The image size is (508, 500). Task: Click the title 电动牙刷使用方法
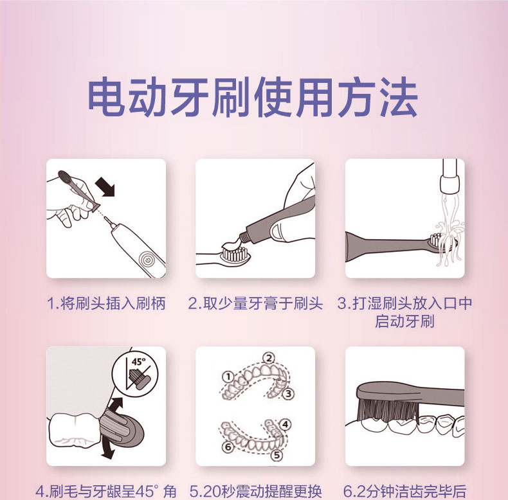click(253, 97)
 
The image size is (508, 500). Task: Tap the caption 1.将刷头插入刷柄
click(106, 304)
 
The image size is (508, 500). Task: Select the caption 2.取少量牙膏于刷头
click(256, 304)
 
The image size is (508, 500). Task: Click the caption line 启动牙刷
click(404, 321)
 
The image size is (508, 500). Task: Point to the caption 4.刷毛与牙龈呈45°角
click(106, 492)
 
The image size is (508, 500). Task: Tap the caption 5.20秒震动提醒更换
click(256, 492)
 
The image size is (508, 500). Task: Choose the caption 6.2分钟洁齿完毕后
click(404, 492)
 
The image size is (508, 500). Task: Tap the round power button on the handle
click(148, 260)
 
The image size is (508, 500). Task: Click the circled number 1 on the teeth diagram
click(228, 377)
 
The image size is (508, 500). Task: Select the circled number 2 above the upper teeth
click(269, 359)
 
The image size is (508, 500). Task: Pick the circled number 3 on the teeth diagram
click(288, 394)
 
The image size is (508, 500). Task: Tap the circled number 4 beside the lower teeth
click(285, 424)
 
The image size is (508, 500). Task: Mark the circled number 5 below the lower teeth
click(277, 455)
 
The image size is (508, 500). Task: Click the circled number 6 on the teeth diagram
click(228, 447)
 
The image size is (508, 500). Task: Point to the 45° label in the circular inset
click(139, 361)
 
